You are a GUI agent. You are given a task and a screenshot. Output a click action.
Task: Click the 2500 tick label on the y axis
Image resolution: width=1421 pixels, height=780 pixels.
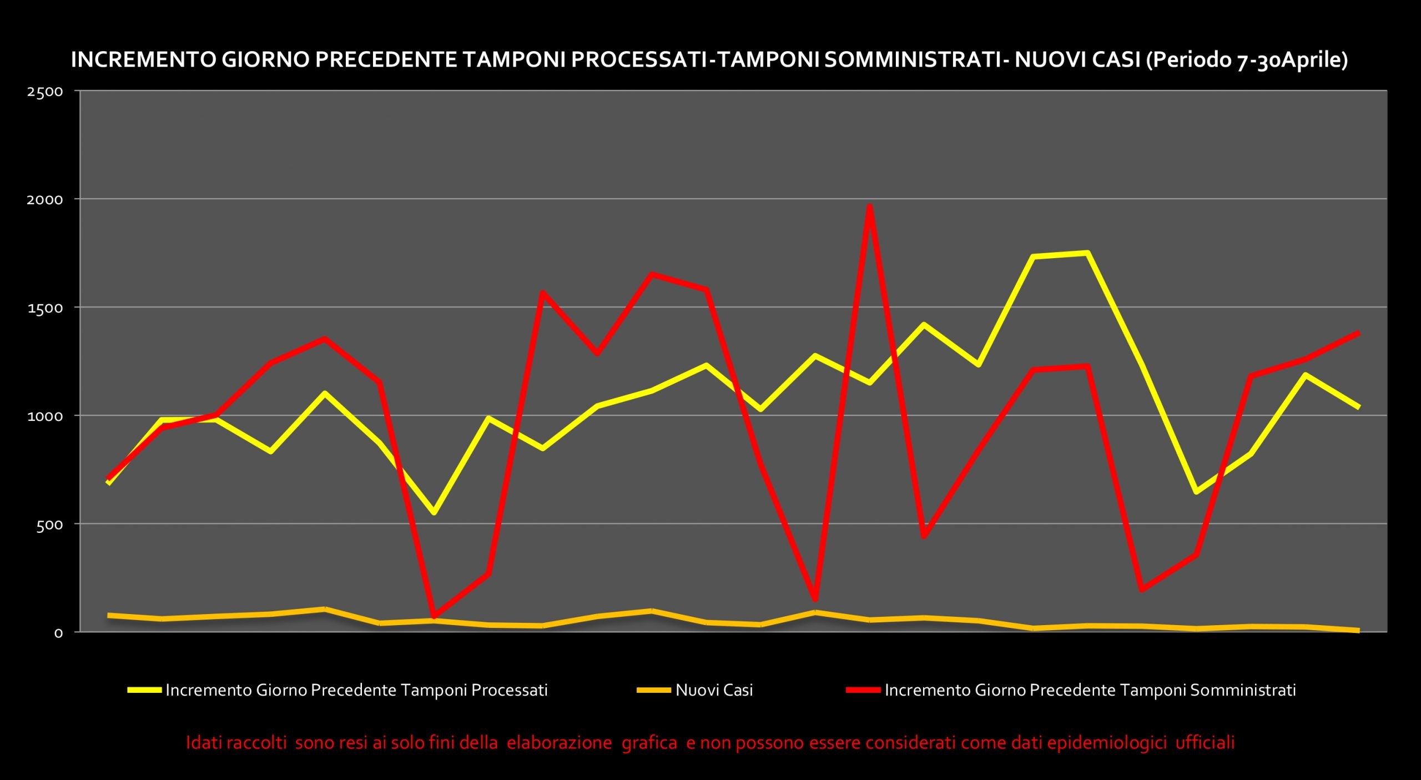tap(45, 92)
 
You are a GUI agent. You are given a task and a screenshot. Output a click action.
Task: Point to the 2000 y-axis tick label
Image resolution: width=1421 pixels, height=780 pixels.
tap(45, 199)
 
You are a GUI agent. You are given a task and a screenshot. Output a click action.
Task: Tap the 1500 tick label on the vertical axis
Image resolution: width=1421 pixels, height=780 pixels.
tap(45, 308)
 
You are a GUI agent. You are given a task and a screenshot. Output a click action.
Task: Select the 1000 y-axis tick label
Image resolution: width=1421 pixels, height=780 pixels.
tap(45, 416)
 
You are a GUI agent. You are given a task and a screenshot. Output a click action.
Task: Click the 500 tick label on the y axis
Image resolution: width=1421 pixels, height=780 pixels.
tap(50, 525)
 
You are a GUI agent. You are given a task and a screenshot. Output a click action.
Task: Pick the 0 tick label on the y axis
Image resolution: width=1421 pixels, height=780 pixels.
tap(59, 633)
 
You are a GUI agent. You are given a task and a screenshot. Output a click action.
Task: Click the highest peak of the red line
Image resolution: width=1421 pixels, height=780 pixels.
tap(870, 206)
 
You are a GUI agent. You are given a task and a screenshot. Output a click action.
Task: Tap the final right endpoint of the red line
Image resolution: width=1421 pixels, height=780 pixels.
tap(1358, 333)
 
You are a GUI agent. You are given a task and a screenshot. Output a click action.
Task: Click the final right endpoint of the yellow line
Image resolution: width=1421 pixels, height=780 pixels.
tap(1358, 407)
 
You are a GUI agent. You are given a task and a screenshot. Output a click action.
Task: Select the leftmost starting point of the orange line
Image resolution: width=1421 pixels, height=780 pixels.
tap(109, 615)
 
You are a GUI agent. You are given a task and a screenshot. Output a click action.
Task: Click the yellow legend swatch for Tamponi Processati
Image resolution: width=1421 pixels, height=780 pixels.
tap(144, 690)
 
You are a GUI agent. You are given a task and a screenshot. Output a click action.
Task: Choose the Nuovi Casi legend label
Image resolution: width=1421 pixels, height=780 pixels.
tap(714, 690)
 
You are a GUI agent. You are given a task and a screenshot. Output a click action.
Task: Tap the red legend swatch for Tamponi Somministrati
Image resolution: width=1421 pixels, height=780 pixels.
tap(863, 690)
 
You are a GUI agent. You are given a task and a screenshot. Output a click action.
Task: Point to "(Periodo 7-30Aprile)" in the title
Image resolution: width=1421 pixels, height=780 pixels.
tap(1247, 60)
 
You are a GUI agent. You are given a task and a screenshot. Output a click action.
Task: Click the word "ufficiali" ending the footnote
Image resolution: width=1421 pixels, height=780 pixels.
tap(1205, 742)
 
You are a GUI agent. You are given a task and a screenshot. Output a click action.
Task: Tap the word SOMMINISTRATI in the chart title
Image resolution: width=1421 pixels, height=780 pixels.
tap(913, 60)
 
